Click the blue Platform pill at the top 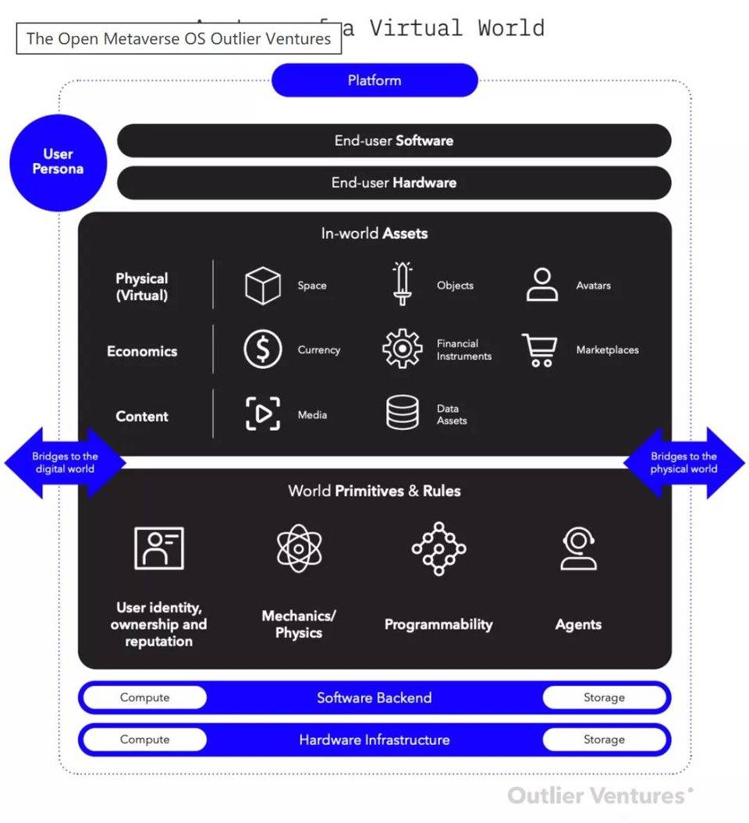[374, 80]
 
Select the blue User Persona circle [58, 162]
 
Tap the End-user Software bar [394, 141]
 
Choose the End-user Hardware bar [394, 183]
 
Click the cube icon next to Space [262, 286]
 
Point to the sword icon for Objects [403, 284]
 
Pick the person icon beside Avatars [542, 285]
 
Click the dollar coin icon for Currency [262, 349]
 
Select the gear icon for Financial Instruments [403, 349]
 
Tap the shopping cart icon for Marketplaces [539, 349]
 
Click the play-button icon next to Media [262, 414]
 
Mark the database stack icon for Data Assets [403, 413]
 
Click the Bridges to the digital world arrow [65, 463]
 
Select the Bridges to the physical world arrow [684, 463]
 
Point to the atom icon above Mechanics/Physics [299, 548]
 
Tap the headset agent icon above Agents [579, 548]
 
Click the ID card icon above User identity [159, 548]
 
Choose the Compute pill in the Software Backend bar [144, 697]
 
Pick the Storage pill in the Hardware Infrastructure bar [605, 740]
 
